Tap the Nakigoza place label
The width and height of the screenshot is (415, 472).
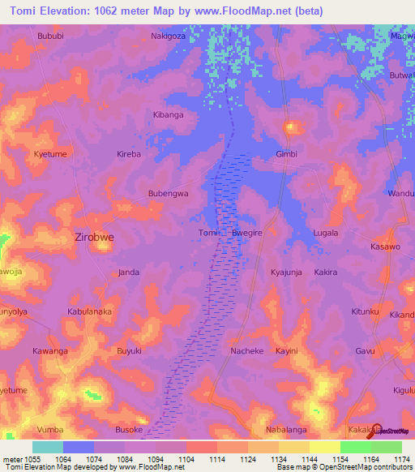[x=169, y=36]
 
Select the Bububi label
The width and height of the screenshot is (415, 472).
[x=50, y=36]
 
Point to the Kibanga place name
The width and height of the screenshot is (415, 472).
[x=169, y=115]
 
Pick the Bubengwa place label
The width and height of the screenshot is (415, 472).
[x=168, y=194]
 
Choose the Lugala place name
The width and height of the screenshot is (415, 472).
[x=326, y=233]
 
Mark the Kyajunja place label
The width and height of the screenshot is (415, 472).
[x=286, y=272]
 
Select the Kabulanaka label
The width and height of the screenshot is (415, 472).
[x=89, y=311]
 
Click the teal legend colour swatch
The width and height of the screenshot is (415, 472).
[x=47, y=447]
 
